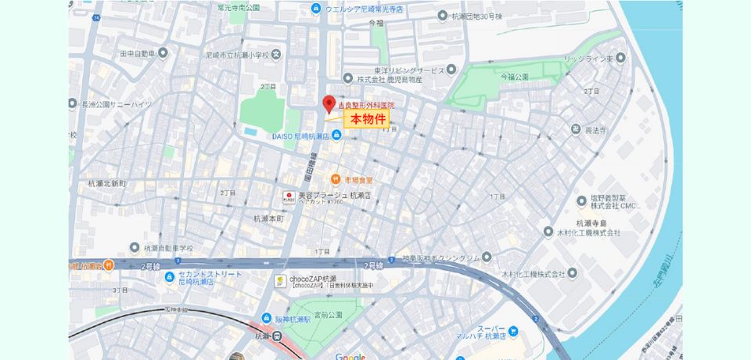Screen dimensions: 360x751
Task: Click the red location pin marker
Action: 329,103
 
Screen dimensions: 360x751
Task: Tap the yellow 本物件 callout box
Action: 367,120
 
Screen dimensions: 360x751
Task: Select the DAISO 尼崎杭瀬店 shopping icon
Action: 336,136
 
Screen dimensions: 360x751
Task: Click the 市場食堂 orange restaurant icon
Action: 335,178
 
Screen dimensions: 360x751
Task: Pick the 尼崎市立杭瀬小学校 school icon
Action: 276,55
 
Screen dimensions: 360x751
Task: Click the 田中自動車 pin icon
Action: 163,53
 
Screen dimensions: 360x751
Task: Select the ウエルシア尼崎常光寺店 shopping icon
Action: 315,9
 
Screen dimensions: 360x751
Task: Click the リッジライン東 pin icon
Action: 621,58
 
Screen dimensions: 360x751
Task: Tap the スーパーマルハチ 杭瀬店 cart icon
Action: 514,332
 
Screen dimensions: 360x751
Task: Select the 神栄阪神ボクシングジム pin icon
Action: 487,257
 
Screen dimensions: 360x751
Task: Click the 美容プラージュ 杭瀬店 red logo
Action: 288,195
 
